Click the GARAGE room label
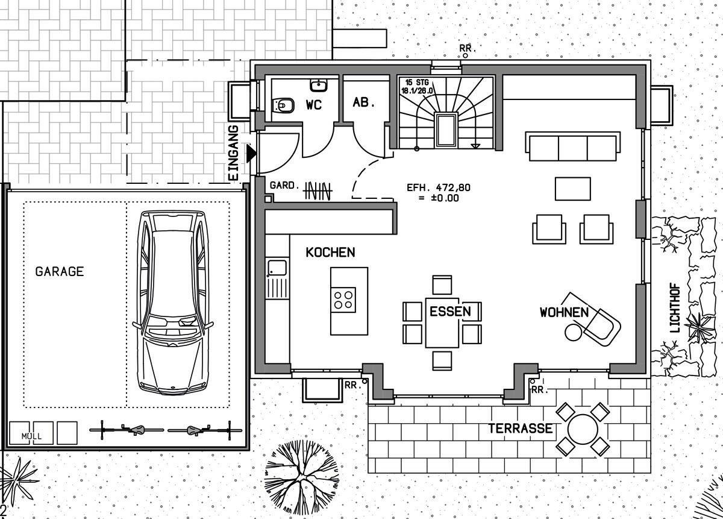[60, 271]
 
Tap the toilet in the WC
[283, 105]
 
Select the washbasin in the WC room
[319, 85]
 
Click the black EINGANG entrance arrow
[251, 153]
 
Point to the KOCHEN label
[330, 252]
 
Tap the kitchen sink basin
[277, 268]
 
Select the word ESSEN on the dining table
[450, 311]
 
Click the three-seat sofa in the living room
[573, 146]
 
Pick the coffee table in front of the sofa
[573, 189]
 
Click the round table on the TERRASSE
[583, 429]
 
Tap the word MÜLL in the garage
[31, 436]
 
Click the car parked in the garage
[173, 303]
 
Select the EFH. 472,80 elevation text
[439, 187]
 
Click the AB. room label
[363, 102]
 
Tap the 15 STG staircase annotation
[417, 83]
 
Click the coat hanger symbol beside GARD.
[318, 191]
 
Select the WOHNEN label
[565, 312]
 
